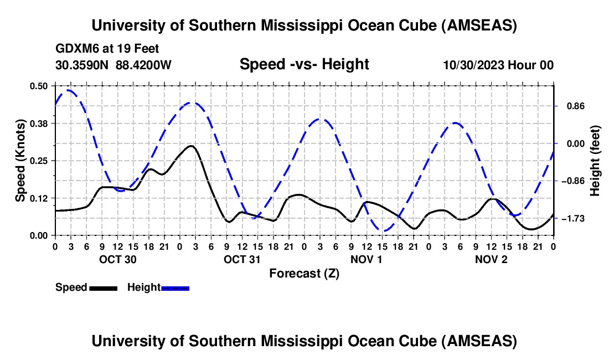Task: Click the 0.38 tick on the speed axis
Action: [x=40, y=123]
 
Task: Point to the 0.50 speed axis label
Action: [x=40, y=86]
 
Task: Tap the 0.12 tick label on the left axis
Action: [x=40, y=198]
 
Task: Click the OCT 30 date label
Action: [x=117, y=259]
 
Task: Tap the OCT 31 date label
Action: [x=242, y=259]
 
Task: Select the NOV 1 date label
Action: [x=367, y=259]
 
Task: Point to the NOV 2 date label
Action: [x=491, y=259]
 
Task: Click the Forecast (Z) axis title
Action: [x=304, y=274]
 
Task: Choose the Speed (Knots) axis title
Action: [x=20, y=161]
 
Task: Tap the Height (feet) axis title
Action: [x=595, y=161]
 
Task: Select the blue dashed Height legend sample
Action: [x=175, y=287]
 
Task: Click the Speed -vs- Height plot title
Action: [x=304, y=64]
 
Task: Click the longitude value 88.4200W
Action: [x=143, y=65]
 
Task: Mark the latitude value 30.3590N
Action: [x=82, y=65]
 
